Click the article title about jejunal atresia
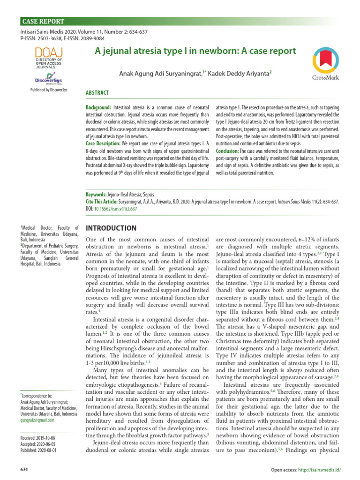tap(195, 50)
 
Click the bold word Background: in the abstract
tap(98, 108)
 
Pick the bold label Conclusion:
tap(227, 151)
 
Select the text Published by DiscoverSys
tap(49, 90)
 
